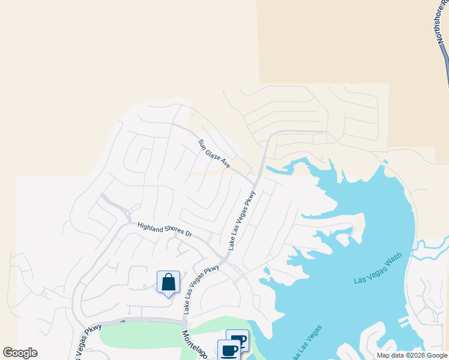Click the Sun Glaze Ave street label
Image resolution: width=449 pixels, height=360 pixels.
(x=214, y=154)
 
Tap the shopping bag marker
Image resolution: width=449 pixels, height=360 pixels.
(x=169, y=282)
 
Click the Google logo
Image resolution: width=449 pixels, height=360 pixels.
(x=20, y=353)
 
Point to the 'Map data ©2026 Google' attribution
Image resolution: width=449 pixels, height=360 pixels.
(x=412, y=355)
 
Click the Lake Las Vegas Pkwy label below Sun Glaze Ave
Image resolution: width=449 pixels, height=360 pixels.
(x=241, y=220)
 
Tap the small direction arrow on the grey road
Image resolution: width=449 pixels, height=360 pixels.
(x=122, y=321)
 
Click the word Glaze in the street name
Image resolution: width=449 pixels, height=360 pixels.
(x=215, y=154)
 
